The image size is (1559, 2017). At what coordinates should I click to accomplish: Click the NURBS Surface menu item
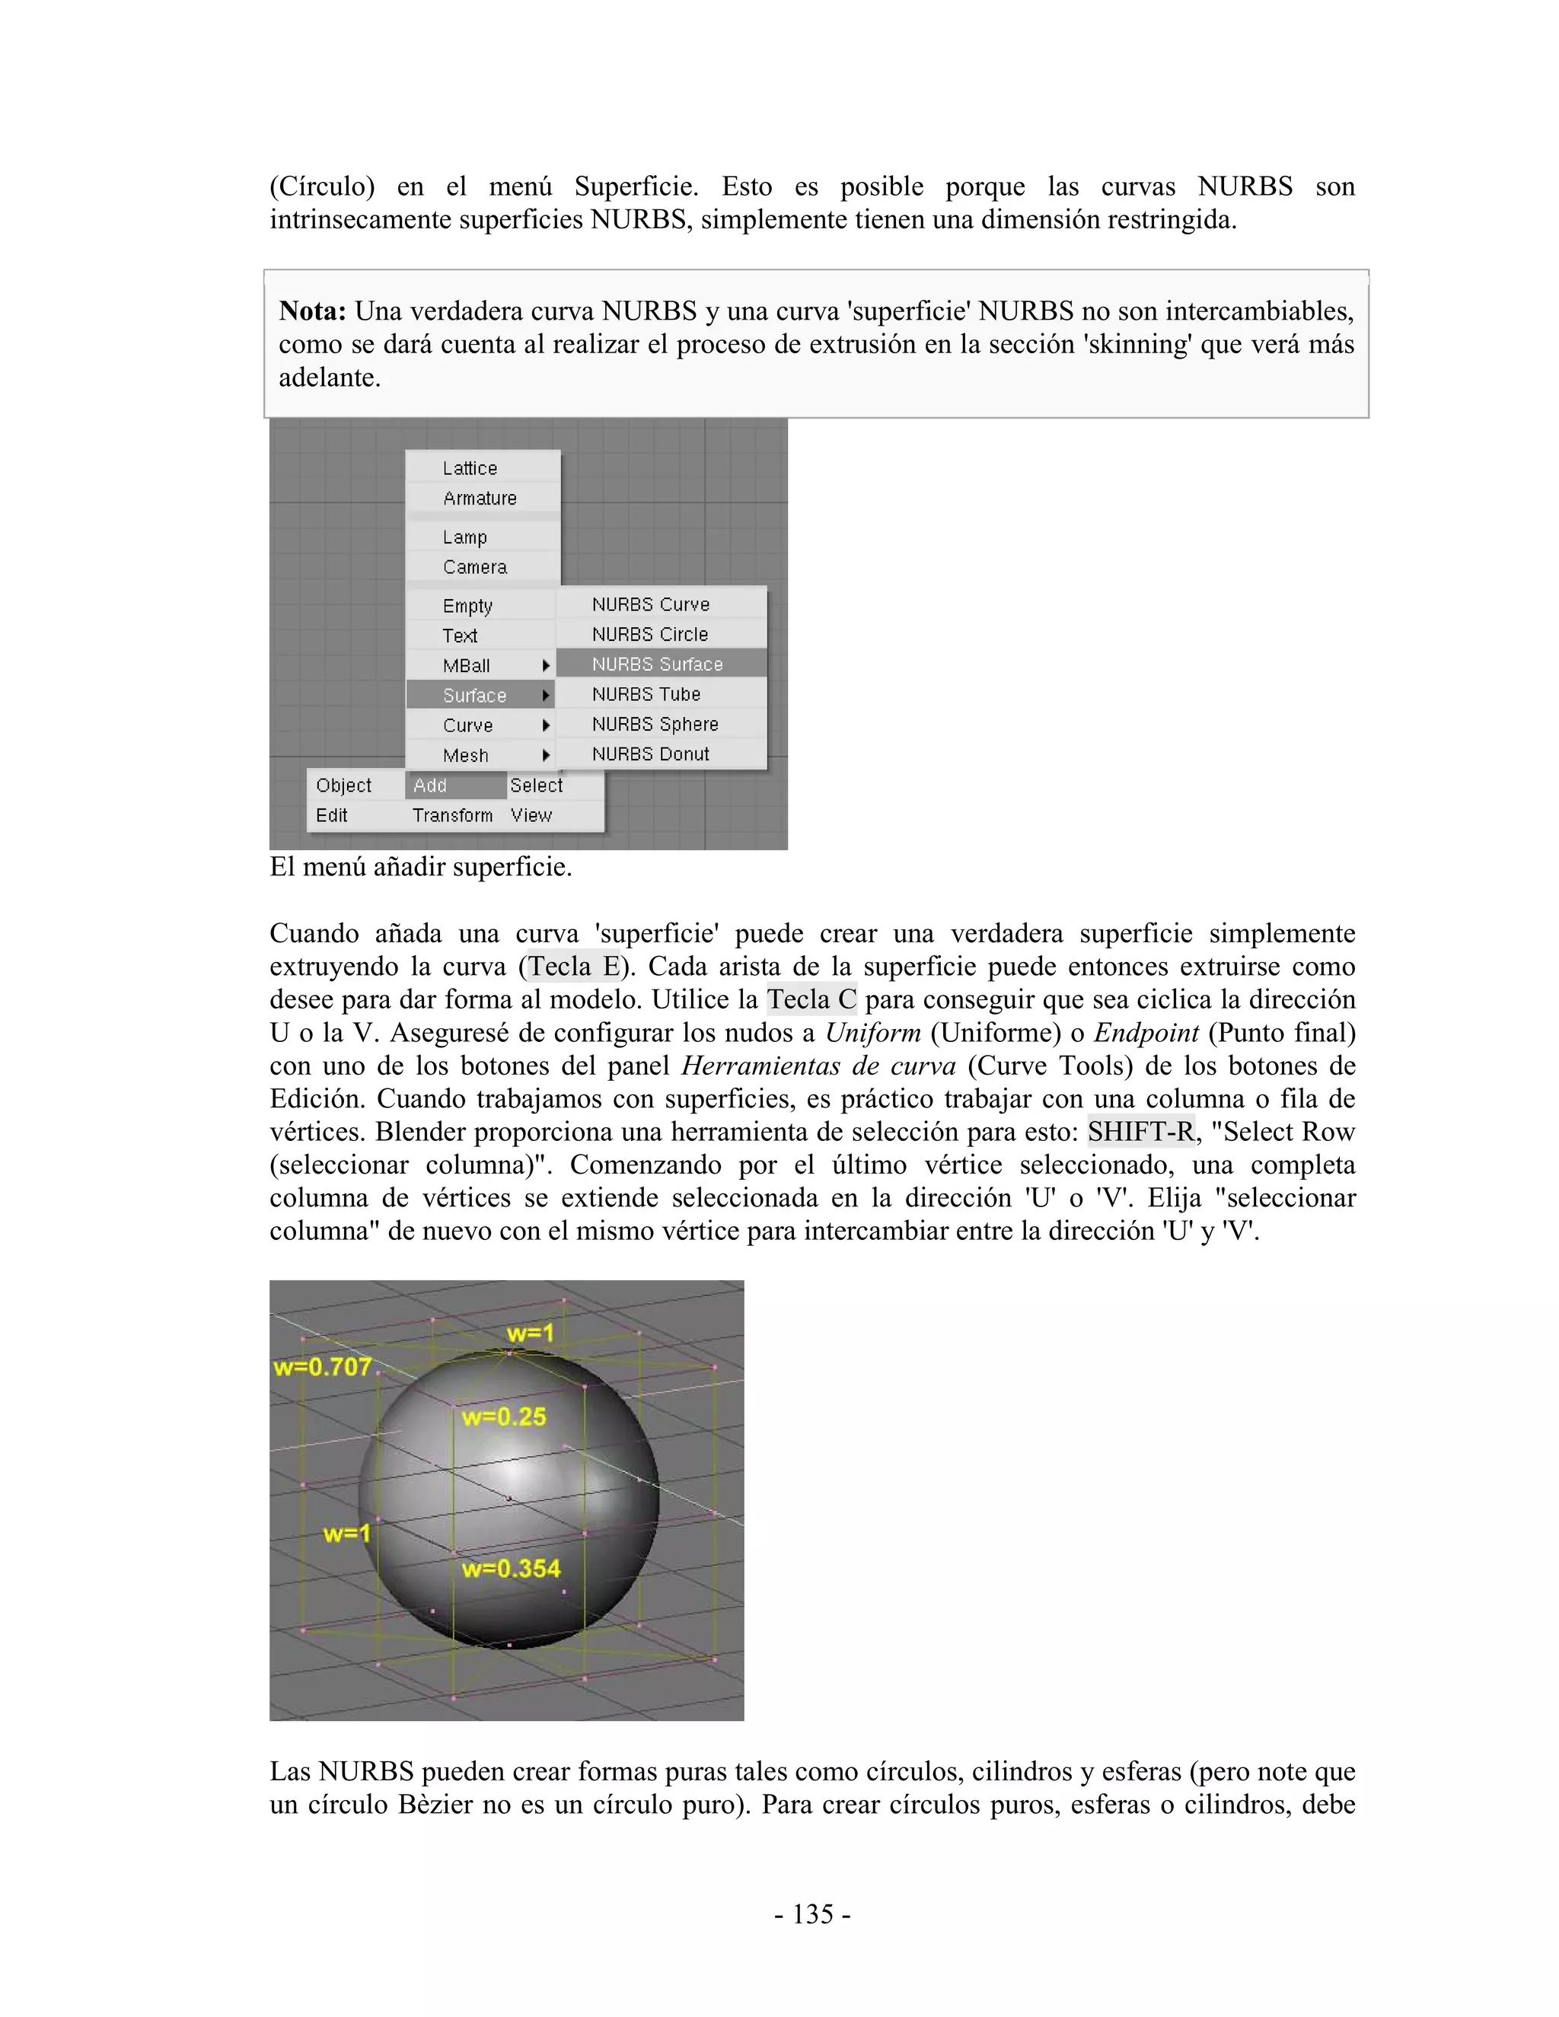coord(657,664)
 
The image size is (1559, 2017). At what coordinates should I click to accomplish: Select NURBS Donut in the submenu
coord(650,754)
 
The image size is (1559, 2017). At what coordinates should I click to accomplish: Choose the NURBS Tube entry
coord(646,693)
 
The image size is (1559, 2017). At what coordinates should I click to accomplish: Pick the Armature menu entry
coord(480,498)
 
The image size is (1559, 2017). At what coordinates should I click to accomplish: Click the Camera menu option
coord(475,567)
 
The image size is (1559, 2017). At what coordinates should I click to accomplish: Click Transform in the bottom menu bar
coord(453,814)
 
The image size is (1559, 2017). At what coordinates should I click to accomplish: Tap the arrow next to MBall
coord(546,665)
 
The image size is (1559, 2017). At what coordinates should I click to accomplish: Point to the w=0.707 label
coord(322,1367)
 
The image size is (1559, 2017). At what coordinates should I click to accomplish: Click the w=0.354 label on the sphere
coord(511,1568)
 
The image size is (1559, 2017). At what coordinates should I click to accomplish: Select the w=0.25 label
coord(503,1416)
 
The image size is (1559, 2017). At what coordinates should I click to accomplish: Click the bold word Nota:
coord(312,311)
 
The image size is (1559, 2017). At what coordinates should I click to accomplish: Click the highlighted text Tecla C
coord(811,999)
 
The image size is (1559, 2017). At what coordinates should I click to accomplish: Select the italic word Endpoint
coord(1146,1033)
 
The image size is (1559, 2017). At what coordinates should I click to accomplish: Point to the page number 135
coord(813,1913)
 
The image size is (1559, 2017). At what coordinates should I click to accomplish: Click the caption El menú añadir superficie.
coord(420,867)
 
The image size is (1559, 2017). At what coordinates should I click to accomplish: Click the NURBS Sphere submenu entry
coord(655,724)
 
